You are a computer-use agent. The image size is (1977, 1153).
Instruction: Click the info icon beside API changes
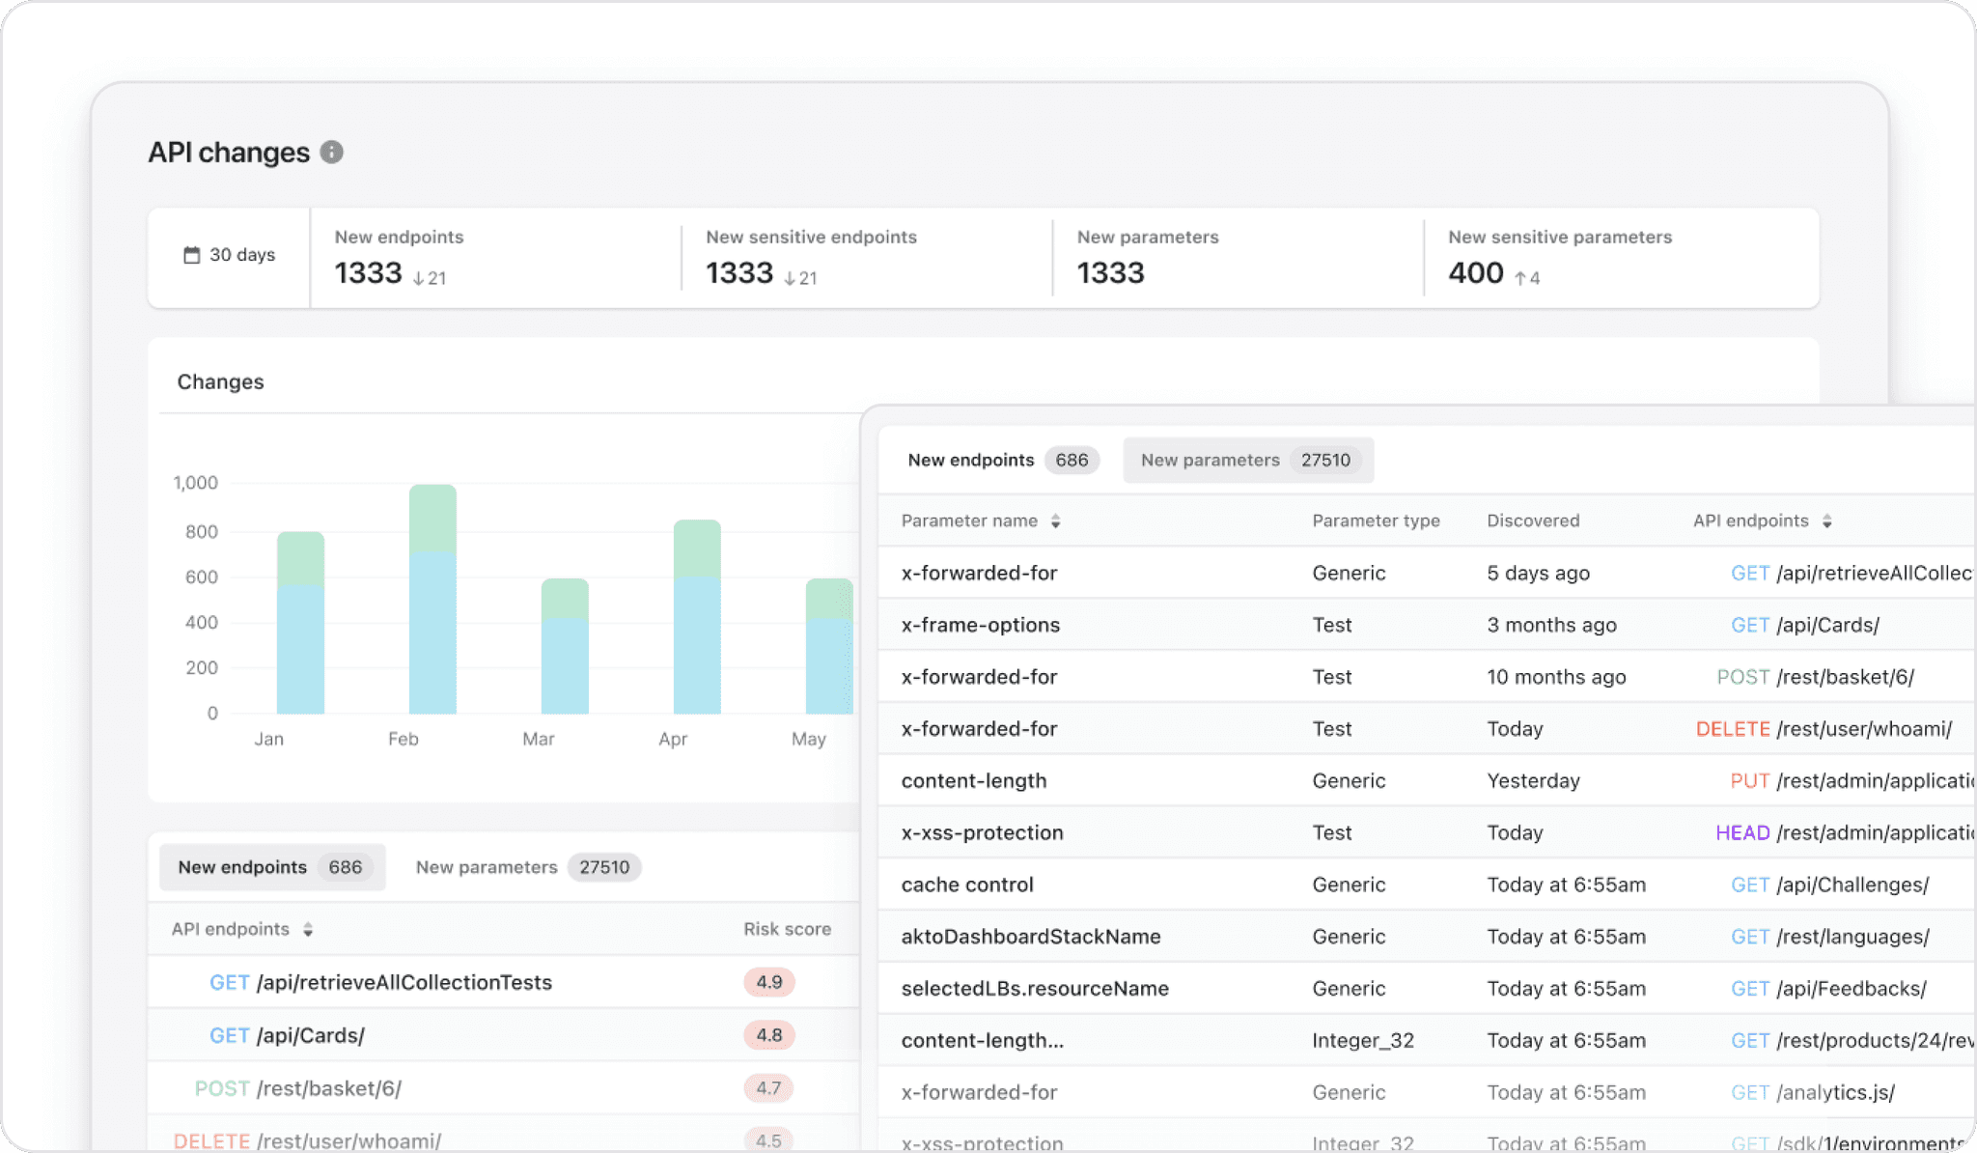[331, 153]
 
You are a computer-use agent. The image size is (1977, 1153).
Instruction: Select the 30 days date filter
[230, 255]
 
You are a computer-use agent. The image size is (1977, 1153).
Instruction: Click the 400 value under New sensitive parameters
[1475, 273]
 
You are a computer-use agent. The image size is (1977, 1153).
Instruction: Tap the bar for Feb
[432, 599]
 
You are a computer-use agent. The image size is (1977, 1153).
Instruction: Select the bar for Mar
[565, 646]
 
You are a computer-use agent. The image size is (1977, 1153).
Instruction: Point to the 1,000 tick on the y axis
[195, 483]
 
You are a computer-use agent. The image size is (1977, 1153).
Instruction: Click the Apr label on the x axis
[673, 739]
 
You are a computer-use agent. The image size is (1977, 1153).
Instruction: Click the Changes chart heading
[220, 381]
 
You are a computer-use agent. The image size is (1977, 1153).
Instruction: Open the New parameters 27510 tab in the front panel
[1247, 461]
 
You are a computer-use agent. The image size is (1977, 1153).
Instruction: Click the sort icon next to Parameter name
[1056, 521]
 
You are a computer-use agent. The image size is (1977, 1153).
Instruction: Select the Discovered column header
[1533, 520]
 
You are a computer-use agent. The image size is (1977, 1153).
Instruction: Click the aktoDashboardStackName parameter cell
[1030, 937]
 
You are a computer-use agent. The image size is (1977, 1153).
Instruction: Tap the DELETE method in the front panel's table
[1733, 729]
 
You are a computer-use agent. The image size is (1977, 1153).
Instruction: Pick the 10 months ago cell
[1556, 677]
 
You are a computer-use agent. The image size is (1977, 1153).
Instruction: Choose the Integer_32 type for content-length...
[1362, 1040]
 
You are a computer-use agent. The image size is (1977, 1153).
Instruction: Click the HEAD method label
[1742, 832]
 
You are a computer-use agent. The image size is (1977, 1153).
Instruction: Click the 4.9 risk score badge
[768, 982]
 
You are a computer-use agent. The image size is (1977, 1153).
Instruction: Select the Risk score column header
[787, 929]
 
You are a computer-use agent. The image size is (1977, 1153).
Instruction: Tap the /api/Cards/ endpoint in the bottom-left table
[310, 1035]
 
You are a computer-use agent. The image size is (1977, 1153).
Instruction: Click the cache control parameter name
[966, 885]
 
